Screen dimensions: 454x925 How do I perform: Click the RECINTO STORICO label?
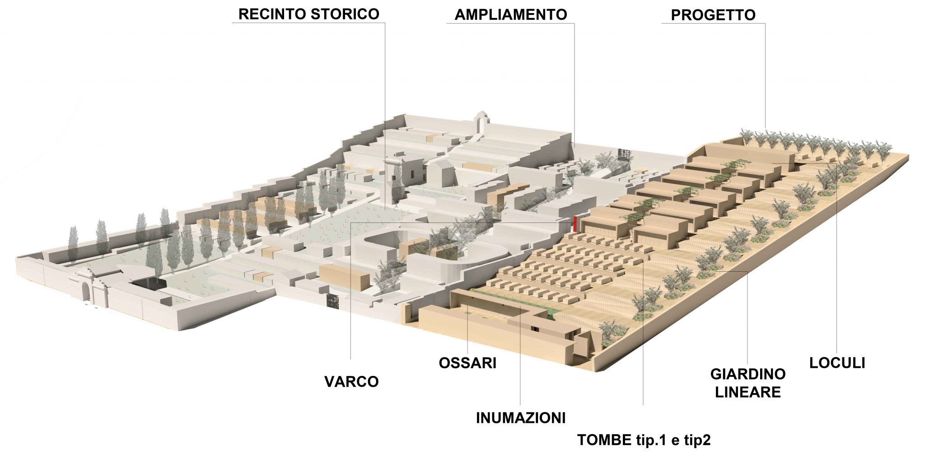[x=308, y=14]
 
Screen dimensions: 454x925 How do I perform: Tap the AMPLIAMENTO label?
[x=510, y=14]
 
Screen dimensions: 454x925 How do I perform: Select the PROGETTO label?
[x=713, y=15]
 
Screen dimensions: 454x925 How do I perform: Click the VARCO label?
[x=351, y=382]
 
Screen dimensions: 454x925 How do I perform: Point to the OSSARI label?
[x=467, y=363]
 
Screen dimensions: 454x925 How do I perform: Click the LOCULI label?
[x=837, y=363]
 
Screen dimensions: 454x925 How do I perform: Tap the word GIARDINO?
[x=747, y=374]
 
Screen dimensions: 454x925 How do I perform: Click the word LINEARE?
[x=747, y=392]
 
